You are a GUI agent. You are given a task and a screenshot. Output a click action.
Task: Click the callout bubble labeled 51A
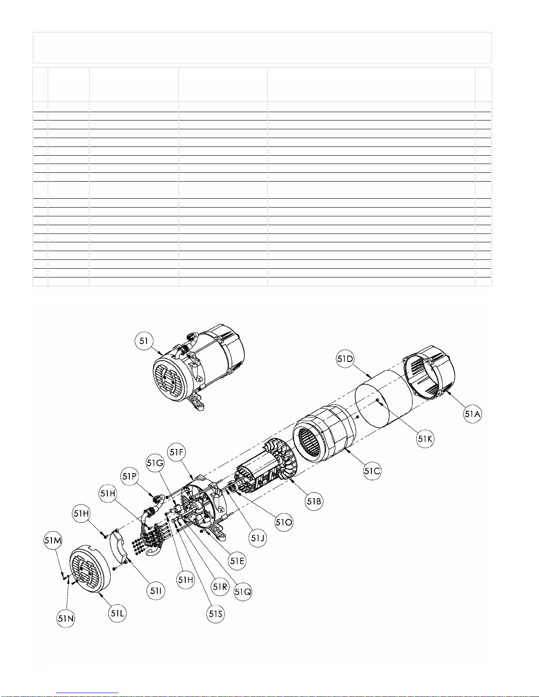473,414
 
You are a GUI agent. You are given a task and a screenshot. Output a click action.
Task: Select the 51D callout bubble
345,359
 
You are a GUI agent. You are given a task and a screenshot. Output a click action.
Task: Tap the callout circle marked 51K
425,439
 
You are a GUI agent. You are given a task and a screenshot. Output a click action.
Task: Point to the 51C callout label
372,471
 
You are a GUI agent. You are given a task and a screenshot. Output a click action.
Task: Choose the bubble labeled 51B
314,501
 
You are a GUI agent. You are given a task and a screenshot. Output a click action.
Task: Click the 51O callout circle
284,522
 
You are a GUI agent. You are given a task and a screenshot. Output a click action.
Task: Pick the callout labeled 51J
258,538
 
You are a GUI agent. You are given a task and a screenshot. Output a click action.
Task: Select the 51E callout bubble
237,561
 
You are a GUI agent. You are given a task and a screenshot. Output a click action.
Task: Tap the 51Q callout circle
243,591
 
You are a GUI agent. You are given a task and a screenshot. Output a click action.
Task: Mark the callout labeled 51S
215,613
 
